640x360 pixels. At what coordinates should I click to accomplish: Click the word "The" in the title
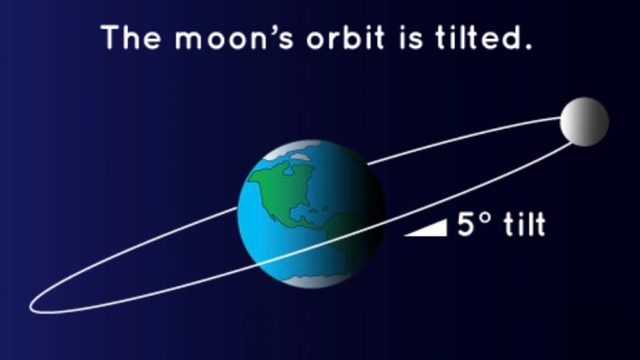coord(132,40)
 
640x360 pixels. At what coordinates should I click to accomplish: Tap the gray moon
coord(584,121)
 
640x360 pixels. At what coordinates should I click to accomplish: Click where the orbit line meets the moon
coord(562,119)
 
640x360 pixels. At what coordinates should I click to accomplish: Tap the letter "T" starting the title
coord(110,40)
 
